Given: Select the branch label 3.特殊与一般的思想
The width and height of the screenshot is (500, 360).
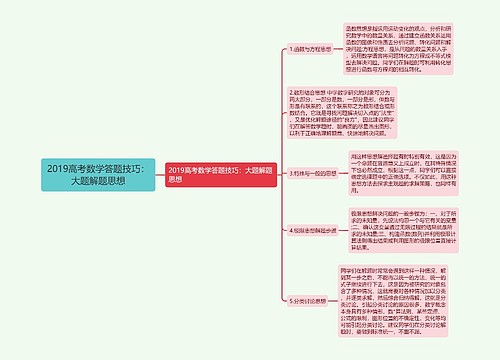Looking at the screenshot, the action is coord(288,173).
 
